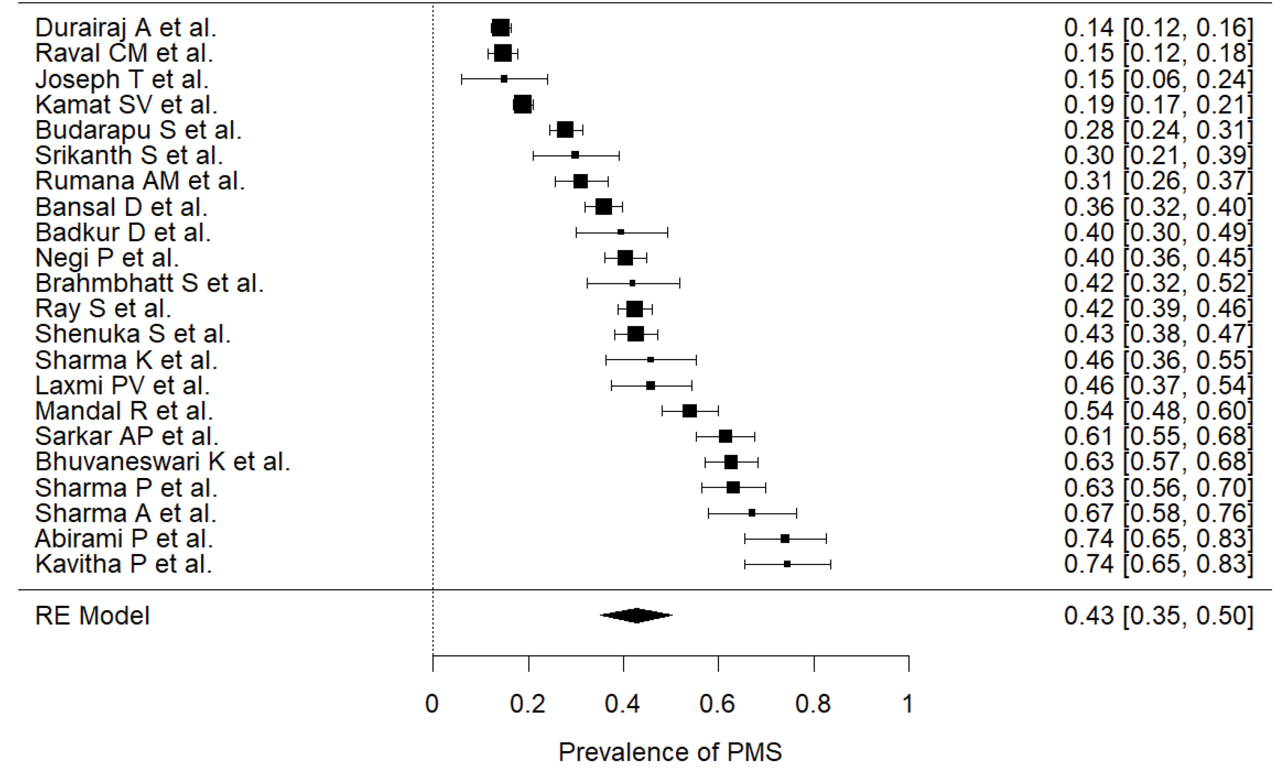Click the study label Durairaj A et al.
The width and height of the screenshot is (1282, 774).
(125, 28)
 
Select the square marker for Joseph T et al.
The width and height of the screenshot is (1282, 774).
(504, 79)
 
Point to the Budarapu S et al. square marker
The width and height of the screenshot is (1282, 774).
(565, 130)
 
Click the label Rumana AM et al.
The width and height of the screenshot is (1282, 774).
(140, 181)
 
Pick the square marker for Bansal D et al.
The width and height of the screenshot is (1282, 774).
(604, 207)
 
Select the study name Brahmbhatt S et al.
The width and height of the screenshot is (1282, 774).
(149, 283)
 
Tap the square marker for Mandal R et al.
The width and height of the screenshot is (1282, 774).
(689, 411)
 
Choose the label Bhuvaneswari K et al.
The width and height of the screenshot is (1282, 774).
(162, 462)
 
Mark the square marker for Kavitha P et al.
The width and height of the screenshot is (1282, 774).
(787, 564)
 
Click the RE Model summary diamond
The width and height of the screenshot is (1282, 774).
(636, 615)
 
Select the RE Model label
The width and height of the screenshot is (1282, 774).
(92, 616)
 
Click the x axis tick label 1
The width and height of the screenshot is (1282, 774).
(908, 704)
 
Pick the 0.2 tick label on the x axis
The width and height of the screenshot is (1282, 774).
(527, 704)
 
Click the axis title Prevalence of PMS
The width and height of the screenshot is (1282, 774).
(670, 752)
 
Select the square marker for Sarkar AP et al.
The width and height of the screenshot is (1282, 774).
(725, 437)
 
